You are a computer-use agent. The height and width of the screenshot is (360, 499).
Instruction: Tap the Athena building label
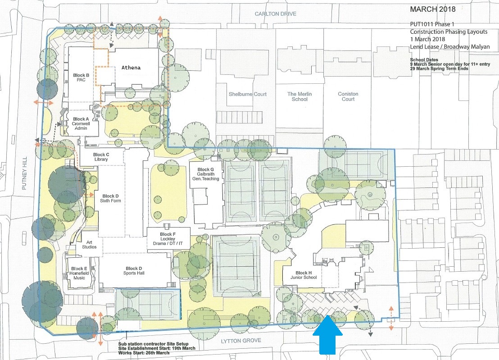point(131,68)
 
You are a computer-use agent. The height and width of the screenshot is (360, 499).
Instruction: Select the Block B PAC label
point(81,77)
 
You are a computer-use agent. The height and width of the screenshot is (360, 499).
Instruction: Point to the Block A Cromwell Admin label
point(81,123)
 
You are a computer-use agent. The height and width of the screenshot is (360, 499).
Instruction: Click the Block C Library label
point(101,157)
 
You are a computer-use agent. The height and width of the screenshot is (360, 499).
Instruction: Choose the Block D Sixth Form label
point(110,198)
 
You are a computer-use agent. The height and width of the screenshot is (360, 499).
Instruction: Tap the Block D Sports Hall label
point(134,270)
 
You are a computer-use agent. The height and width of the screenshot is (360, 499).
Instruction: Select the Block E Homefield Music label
point(79,273)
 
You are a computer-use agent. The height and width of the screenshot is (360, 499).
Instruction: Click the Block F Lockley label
point(168,239)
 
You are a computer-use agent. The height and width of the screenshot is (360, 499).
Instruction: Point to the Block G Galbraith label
point(205,174)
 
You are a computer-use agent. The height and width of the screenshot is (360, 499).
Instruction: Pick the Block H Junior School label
point(304,275)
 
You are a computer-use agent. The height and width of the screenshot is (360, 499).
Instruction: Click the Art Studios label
point(89,245)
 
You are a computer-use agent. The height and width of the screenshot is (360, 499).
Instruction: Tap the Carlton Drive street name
point(276,14)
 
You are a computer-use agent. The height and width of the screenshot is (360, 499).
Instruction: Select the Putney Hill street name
point(24,173)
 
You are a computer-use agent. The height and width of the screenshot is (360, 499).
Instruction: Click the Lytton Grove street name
point(241,341)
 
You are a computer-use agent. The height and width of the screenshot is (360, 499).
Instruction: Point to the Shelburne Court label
point(248,94)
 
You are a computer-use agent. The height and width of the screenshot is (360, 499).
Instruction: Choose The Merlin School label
point(299,96)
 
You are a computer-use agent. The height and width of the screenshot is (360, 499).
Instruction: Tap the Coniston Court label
point(348,96)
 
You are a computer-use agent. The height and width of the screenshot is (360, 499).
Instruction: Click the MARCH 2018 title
point(433,9)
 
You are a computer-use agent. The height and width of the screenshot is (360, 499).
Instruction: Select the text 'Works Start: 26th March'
point(144,353)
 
